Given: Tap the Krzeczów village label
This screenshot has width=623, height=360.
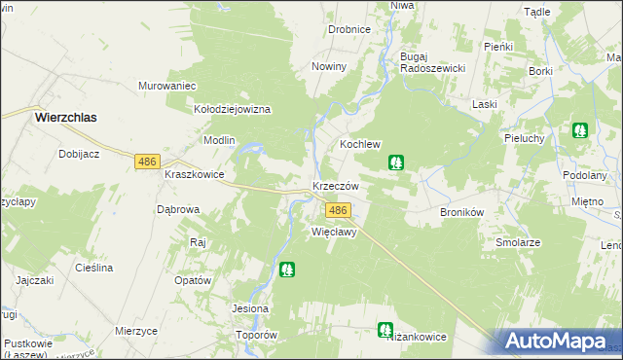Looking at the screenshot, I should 336,186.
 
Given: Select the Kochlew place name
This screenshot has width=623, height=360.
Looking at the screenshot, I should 359,144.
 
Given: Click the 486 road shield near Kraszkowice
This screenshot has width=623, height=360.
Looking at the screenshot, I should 148,162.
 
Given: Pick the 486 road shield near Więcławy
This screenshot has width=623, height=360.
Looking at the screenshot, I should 338,211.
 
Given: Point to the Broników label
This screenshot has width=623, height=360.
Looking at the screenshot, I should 462,211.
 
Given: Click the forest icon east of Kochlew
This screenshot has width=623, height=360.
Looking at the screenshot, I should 397,163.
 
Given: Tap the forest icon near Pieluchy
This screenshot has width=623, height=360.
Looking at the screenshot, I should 580,129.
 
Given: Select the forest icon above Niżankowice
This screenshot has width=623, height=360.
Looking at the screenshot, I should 385,331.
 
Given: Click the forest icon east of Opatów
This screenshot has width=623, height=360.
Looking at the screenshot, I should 286,269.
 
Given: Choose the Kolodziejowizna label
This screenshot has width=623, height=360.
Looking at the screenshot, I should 233,110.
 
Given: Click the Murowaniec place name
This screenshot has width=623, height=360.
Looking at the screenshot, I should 168,86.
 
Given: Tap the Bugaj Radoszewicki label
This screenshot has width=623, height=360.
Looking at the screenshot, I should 433,62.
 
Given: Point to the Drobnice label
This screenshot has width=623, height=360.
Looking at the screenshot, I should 349,29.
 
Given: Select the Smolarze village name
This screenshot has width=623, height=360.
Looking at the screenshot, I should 518,242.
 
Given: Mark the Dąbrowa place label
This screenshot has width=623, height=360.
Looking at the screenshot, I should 178,209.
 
